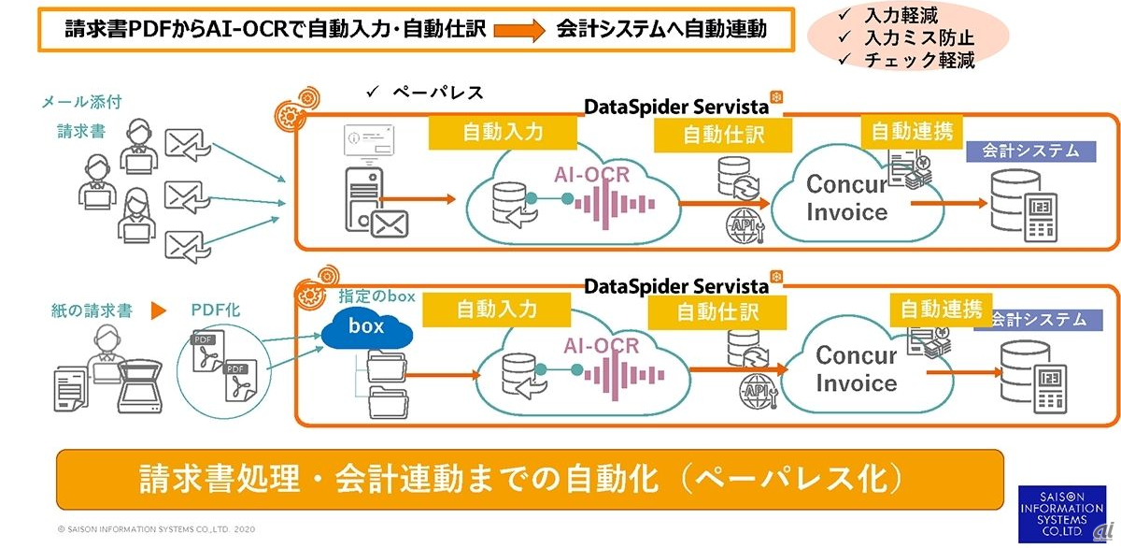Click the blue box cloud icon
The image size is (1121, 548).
(367, 328)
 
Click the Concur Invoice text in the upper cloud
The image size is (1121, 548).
(846, 196)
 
